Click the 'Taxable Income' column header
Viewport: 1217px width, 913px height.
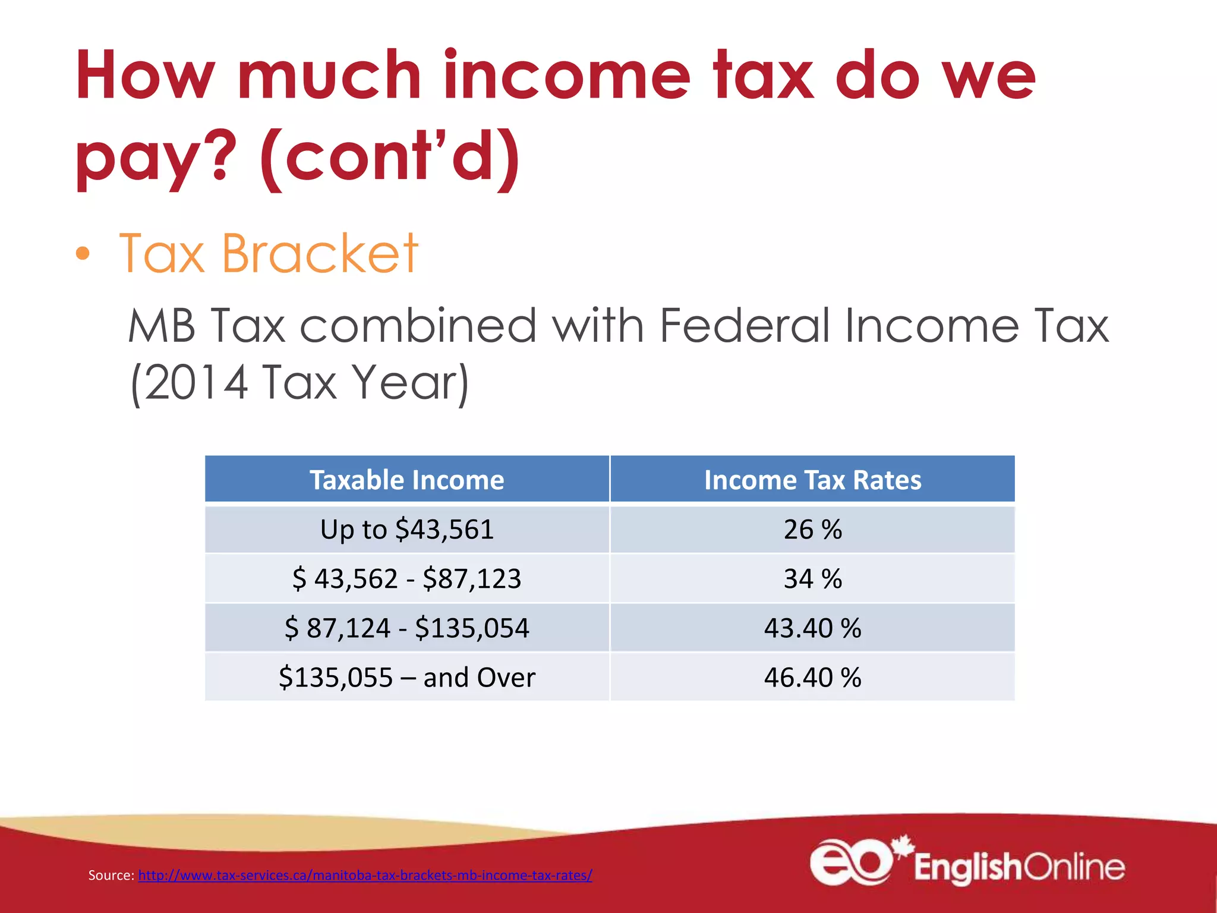[x=407, y=480]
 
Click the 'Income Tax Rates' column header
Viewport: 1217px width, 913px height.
[x=812, y=480]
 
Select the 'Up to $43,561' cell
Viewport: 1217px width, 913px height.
[x=407, y=529]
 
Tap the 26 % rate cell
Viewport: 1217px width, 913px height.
[x=812, y=529]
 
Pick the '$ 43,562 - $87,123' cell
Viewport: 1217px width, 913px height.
[x=407, y=578]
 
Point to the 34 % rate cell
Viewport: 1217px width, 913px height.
[x=812, y=578]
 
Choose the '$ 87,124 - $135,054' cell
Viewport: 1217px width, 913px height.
[x=407, y=628]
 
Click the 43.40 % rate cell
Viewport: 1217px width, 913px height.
[x=812, y=628]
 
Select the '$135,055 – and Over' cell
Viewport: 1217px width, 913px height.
[x=407, y=677]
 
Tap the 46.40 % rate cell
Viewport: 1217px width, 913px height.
[x=812, y=677]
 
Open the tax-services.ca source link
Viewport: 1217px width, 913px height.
[x=365, y=875]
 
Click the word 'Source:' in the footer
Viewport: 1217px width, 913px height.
[x=111, y=875]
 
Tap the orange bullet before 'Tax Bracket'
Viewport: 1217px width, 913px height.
[x=83, y=254]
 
